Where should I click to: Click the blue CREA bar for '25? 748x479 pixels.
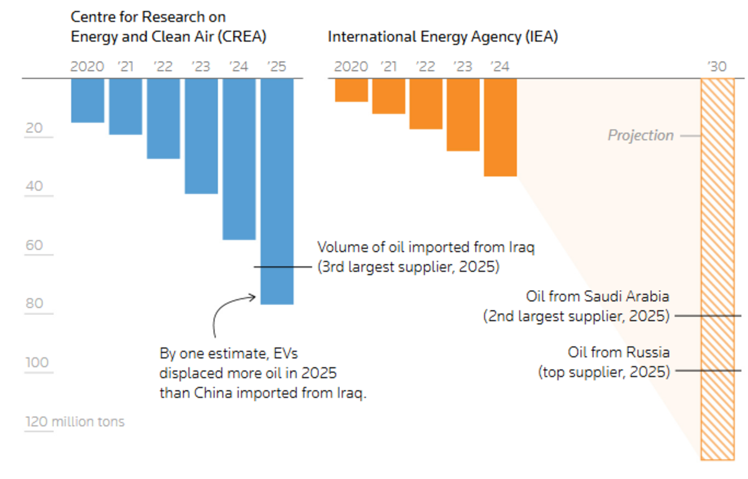click(277, 191)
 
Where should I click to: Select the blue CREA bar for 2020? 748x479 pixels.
click(87, 100)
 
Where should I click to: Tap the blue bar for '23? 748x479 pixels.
click(201, 136)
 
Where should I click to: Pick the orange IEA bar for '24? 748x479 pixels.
click(500, 127)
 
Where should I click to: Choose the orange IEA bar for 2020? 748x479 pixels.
click(351, 90)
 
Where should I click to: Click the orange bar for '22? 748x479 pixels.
click(426, 104)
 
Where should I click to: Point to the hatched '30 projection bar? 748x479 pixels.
click(717, 268)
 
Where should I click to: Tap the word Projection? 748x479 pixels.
click(641, 135)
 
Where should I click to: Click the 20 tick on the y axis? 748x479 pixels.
click(35, 128)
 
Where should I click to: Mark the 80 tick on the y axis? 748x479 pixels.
click(35, 304)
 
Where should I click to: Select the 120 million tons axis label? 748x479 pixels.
click(75, 422)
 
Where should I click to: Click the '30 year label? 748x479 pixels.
click(717, 66)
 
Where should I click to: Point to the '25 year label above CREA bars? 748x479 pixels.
click(277, 66)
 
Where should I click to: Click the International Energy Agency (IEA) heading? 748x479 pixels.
click(443, 37)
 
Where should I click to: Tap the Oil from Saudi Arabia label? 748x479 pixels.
click(597, 296)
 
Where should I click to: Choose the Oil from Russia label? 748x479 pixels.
click(618, 352)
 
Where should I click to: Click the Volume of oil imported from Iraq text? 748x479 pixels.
click(426, 247)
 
